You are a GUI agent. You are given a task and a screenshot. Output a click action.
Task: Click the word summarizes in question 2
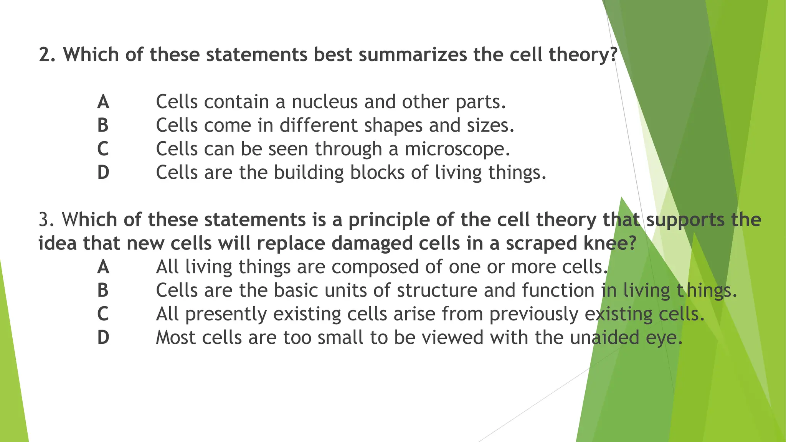[413, 54]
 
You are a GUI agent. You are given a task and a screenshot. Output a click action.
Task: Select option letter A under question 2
[103, 102]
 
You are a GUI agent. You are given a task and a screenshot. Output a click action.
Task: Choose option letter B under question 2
[103, 125]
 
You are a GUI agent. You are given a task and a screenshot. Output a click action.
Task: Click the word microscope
[457, 150]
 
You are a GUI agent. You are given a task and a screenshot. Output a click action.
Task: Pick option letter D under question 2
[103, 173]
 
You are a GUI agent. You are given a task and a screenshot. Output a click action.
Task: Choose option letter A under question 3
[103, 267]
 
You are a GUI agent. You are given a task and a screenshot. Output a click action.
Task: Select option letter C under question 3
[103, 314]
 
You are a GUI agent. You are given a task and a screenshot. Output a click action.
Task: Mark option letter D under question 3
[103, 338]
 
